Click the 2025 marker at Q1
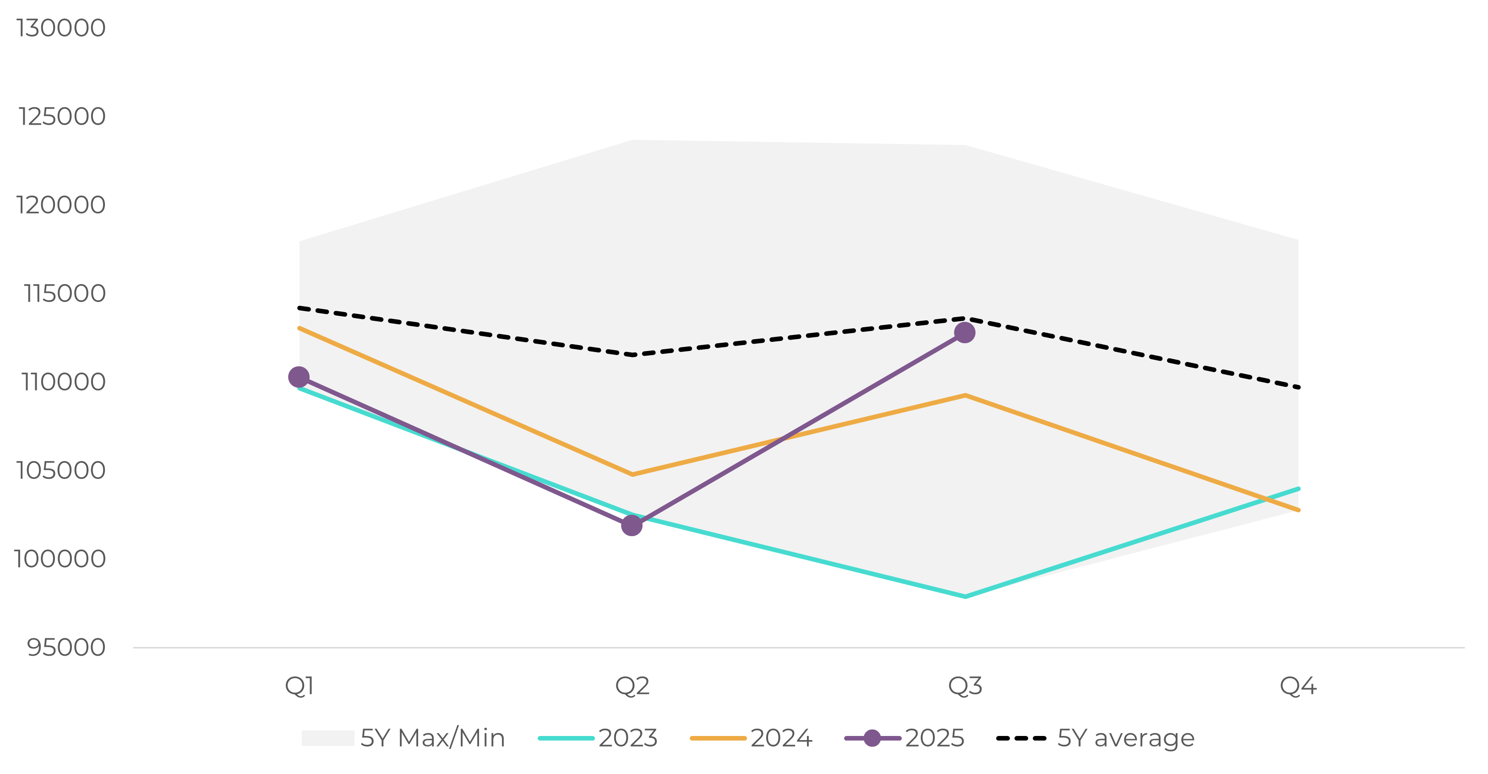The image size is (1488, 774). click(299, 377)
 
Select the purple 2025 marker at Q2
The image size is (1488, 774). click(632, 526)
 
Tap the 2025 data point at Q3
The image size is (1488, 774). click(965, 332)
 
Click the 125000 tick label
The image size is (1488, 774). click(62, 116)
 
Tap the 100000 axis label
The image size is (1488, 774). click(60, 559)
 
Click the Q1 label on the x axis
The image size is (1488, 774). click(299, 686)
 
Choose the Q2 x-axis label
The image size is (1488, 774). click(632, 686)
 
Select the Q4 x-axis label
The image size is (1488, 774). click(1298, 686)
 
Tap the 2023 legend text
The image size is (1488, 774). click(628, 738)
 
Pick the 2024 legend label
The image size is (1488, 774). click(781, 738)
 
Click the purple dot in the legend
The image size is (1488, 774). click(872, 738)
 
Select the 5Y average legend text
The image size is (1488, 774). click(1126, 738)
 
